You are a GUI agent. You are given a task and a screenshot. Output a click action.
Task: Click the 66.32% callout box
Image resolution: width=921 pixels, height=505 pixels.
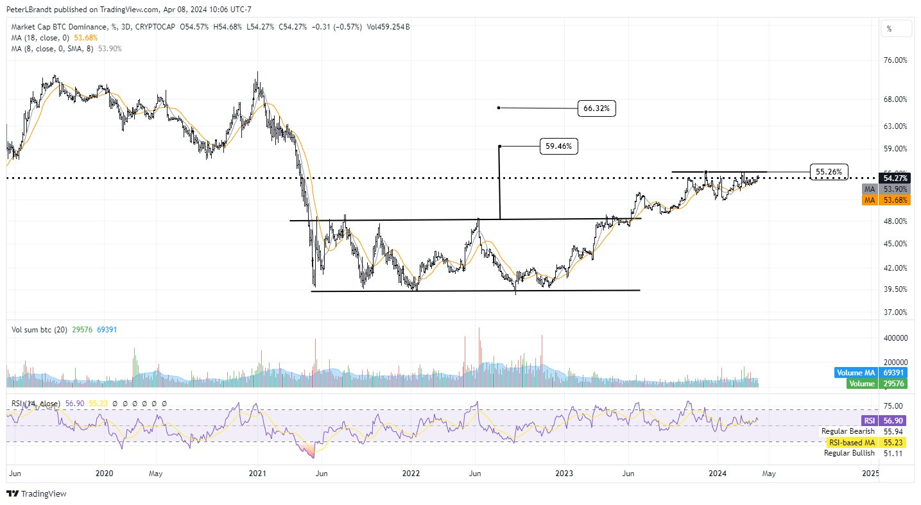(596, 108)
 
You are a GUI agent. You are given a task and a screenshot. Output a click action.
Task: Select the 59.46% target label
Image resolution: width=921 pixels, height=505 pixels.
(558, 147)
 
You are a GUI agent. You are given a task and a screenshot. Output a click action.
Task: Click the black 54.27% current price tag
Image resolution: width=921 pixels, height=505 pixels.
(895, 178)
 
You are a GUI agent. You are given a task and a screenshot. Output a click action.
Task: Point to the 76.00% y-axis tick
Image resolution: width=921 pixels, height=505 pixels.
(895, 60)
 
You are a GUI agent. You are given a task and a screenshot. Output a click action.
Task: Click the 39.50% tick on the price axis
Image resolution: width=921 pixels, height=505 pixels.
(895, 289)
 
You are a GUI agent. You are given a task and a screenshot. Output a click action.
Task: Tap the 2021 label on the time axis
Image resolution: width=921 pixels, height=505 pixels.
(257, 474)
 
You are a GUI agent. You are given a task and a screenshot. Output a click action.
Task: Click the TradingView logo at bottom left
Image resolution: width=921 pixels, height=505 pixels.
(37, 493)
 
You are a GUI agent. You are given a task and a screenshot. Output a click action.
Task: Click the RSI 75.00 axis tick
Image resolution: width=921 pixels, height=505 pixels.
(895, 406)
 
